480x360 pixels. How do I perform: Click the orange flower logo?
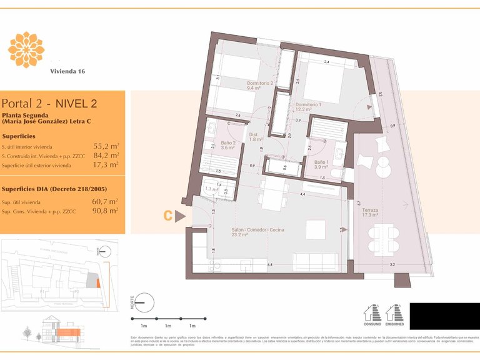[26, 49]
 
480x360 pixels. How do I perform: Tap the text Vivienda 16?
[67, 71]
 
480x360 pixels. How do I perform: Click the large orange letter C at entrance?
[167, 216]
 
